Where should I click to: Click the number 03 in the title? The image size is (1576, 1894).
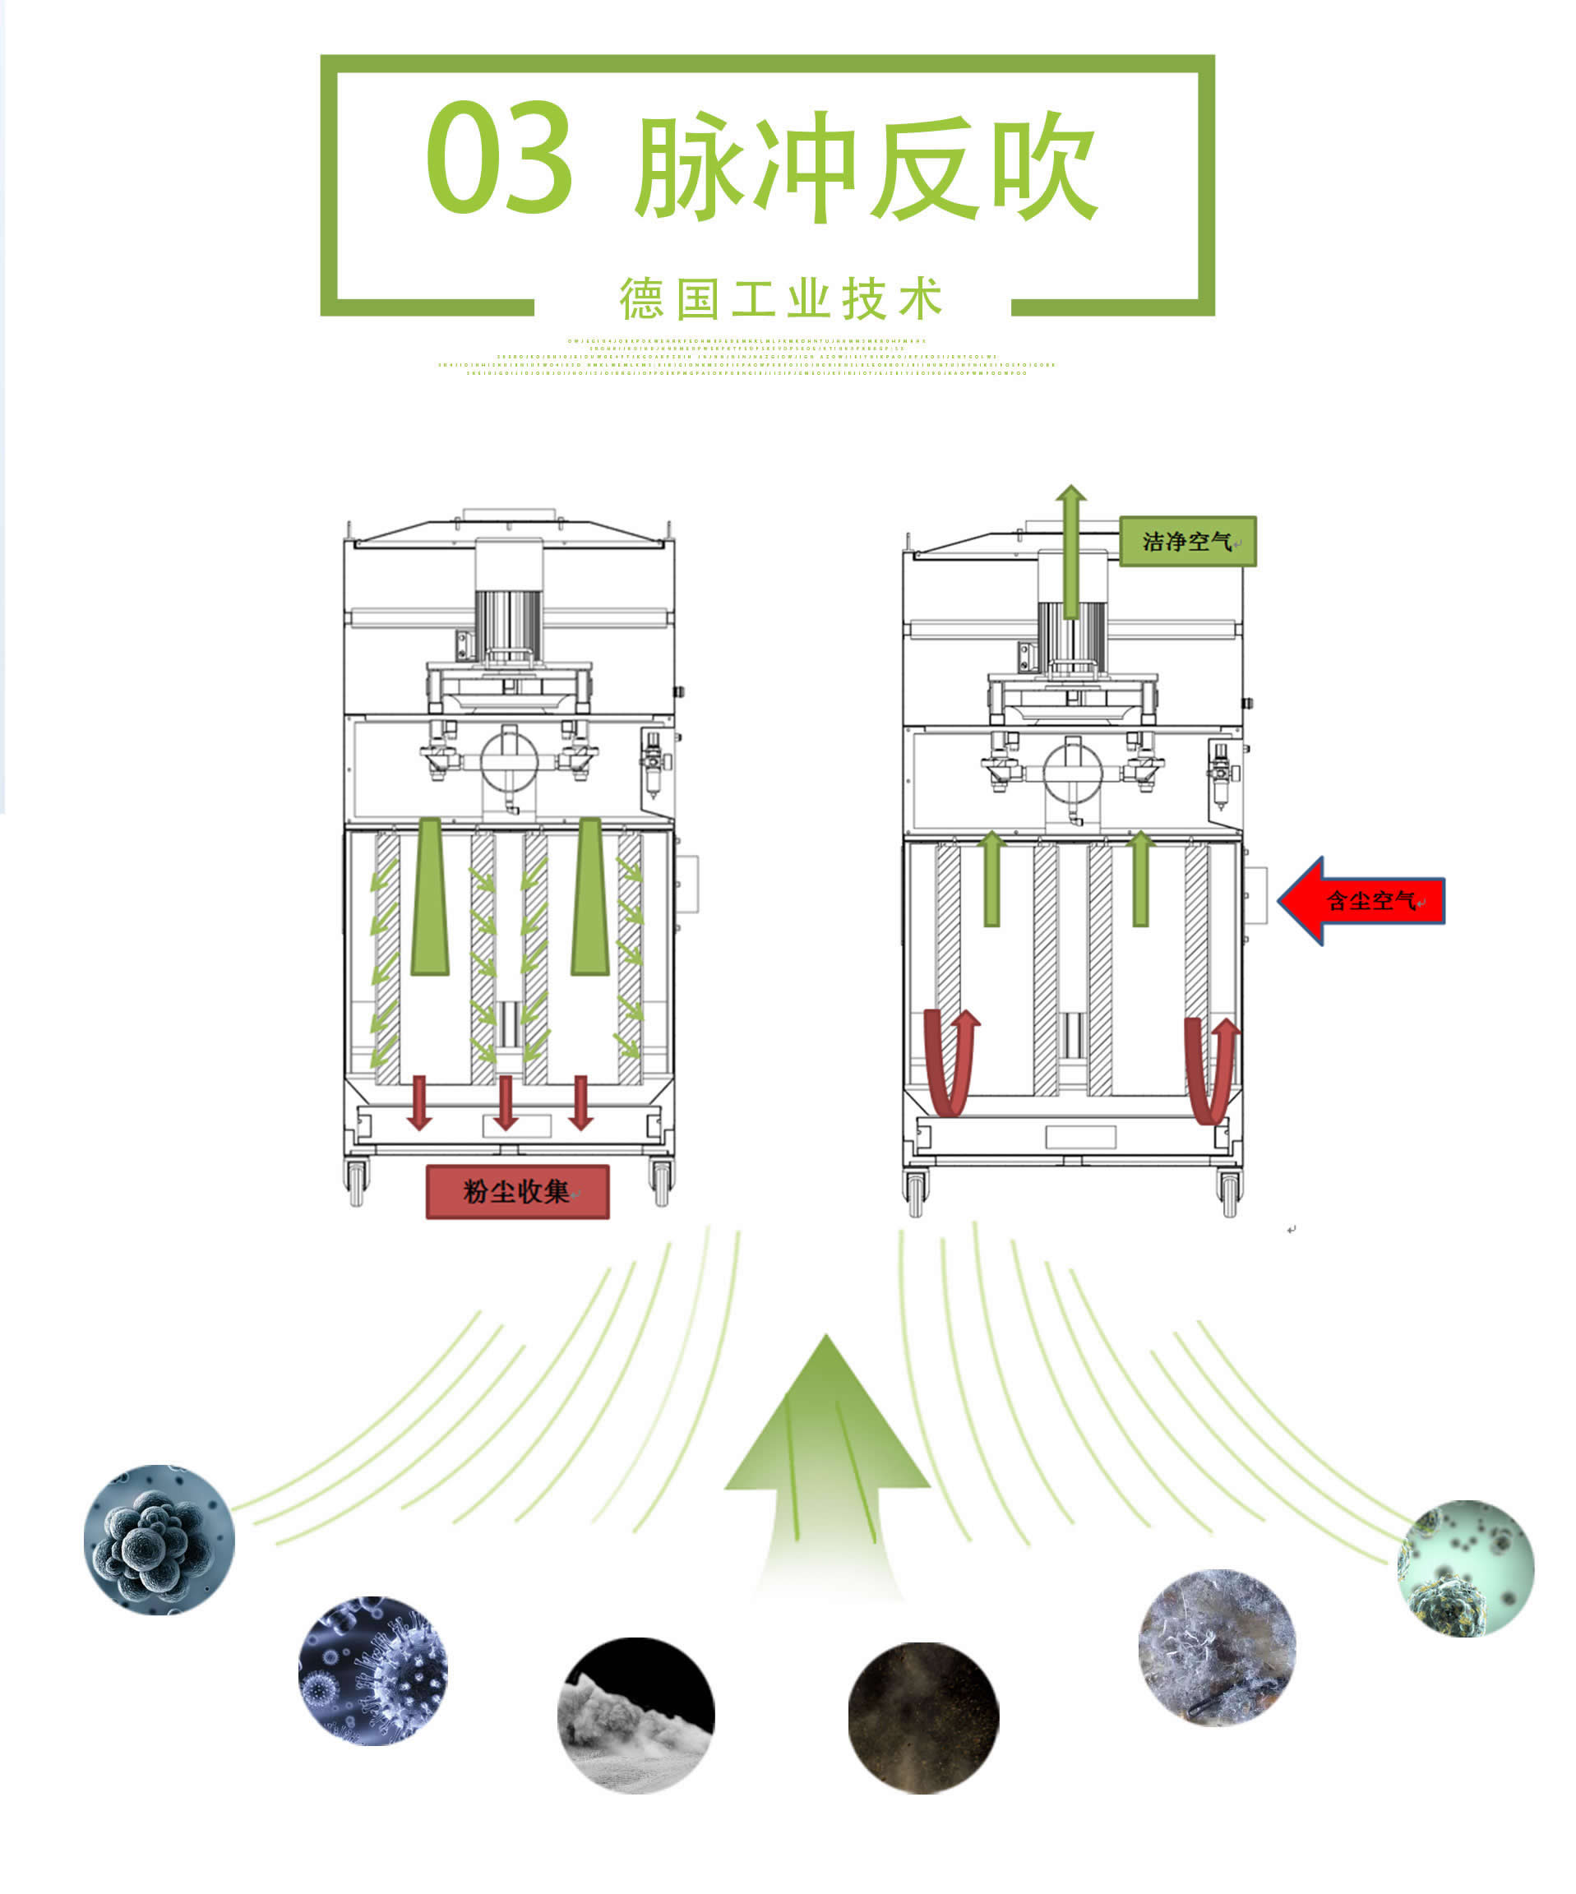498,158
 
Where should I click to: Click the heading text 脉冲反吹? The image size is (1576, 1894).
866,167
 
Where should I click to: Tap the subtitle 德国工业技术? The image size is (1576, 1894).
781,298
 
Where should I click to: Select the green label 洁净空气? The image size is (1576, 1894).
1186,541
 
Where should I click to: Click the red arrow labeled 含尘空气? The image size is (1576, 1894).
1362,900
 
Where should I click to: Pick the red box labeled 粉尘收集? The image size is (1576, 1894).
517,1191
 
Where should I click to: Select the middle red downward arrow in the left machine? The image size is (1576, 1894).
506,1102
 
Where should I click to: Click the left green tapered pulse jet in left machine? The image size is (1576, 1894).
429,898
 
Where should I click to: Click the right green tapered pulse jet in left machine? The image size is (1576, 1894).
590,898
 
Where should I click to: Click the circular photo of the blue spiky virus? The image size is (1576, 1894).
372,1670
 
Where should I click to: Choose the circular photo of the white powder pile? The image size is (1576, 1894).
636,1716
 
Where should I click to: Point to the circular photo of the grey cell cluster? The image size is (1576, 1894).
159,1540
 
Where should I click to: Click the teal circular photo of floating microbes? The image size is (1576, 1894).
1465,1568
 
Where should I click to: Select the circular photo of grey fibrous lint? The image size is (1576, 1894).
1216,1647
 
